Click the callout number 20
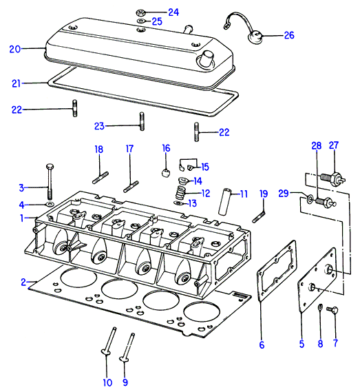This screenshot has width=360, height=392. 15,49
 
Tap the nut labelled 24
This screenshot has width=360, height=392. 140,12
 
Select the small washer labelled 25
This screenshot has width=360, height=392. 140,21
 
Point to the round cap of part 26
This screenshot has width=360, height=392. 254,37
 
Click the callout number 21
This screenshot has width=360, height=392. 17,83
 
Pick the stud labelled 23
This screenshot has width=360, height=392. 142,121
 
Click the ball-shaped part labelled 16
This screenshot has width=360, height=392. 166,172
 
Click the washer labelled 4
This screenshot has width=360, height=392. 50,205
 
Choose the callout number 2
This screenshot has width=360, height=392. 23,282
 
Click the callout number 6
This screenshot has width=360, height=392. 262,345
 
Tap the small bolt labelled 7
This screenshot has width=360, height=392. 332,310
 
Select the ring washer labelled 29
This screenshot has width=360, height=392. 310,198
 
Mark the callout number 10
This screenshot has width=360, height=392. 107,383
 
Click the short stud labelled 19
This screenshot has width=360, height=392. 259,216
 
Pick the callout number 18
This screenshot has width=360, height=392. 99,149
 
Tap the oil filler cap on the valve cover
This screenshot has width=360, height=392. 208,59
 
